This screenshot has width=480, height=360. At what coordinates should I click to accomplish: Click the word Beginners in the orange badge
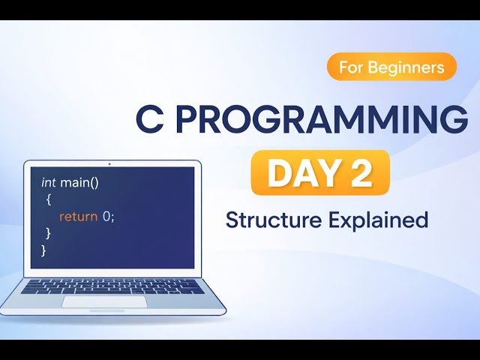(x=412, y=67)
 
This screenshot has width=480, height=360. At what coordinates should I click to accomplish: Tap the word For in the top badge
(x=355, y=67)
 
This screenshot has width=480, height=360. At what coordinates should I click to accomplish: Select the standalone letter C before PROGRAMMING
(x=149, y=120)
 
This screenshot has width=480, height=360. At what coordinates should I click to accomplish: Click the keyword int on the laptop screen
(x=49, y=182)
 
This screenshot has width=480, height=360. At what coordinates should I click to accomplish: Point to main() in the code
(x=77, y=182)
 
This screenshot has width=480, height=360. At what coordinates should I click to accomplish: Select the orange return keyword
(x=79, y=216)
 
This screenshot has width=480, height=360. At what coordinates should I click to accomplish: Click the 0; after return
(x=109, y=216)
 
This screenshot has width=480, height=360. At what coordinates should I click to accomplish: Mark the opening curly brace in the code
(x=47, y=199)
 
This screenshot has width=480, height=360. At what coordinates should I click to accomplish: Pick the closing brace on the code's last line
(x=43, y=250)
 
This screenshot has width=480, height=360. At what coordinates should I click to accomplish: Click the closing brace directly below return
(x=48, y=233)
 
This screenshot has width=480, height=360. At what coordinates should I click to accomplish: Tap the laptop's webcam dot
(x=109, y=163)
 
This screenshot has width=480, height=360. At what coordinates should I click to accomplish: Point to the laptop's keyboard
(x=112, y=286)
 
